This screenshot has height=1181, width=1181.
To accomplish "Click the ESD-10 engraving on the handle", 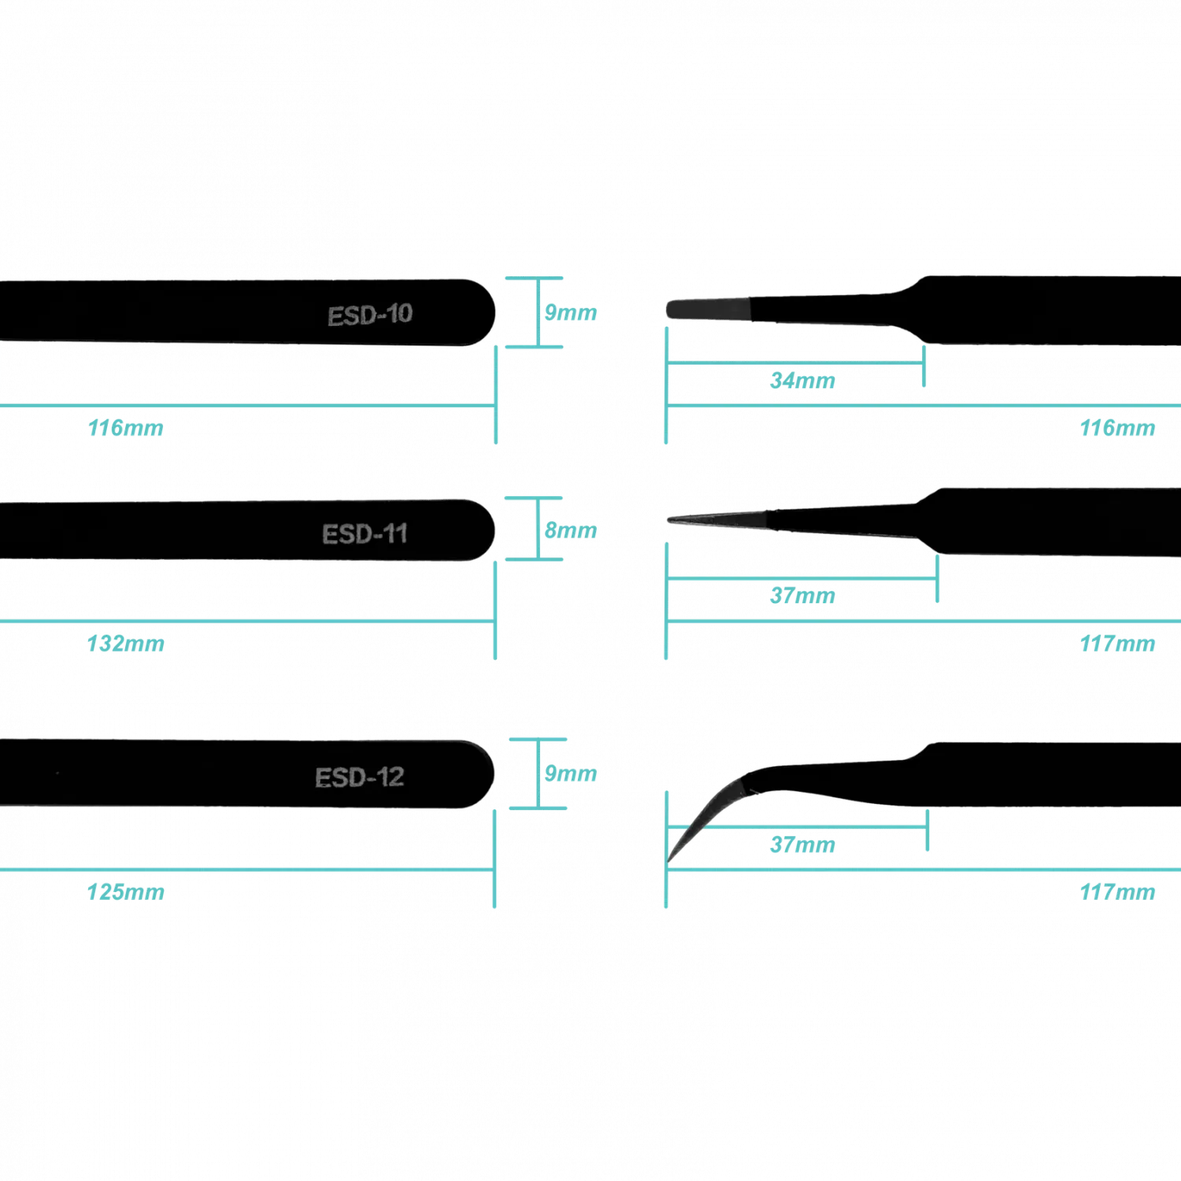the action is tap(370, 315).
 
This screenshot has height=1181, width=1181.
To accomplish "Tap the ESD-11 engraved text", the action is tap(365, 534).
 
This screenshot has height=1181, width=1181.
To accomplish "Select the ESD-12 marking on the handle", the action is tap(360, 778).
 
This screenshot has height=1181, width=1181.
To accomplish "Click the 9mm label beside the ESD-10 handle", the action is tap(571, 313).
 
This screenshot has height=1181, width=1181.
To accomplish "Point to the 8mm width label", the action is tap(571, 531).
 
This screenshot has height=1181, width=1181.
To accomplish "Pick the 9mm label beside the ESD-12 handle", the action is tap(571, 773).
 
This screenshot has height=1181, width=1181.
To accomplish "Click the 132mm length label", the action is tap(126, 644).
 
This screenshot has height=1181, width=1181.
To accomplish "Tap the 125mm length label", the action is tap(126, 892).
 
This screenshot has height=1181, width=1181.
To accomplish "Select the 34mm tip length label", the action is tap(802, 381).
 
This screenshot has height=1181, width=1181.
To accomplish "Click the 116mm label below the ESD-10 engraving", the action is tap(126, 428).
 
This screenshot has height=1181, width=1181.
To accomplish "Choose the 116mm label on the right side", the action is tap(1117, 428).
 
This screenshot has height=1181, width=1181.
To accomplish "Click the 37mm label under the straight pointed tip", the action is tap(802, 596).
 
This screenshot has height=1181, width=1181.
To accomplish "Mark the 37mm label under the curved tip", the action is tap(802, 845).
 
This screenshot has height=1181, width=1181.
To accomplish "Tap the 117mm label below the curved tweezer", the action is tap(1117, 892).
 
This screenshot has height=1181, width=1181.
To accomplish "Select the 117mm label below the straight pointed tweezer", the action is tap(1117, 644).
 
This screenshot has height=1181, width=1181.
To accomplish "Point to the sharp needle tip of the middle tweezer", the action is tap(669, 520).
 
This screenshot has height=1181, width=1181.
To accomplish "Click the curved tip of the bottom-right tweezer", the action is tap(669, 861).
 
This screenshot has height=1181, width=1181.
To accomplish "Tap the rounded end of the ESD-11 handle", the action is tap(490, 530).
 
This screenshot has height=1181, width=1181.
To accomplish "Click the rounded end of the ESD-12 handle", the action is tap(489, 774).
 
